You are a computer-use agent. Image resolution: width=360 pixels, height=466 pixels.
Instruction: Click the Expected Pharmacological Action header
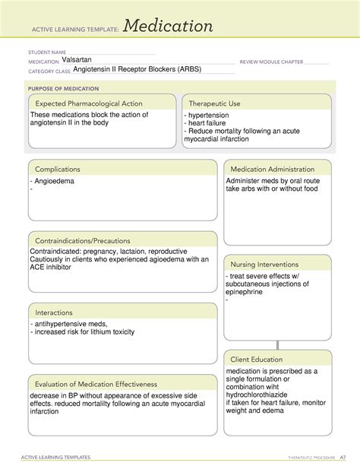pos(91,103)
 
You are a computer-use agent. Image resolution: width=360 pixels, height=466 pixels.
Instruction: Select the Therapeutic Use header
pos(215,103)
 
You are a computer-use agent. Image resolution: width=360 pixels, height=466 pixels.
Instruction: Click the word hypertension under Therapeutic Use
pos(212,116)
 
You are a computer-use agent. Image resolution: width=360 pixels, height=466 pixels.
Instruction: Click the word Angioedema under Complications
pos(56,182)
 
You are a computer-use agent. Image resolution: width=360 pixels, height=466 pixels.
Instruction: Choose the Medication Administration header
pos(272,169)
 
